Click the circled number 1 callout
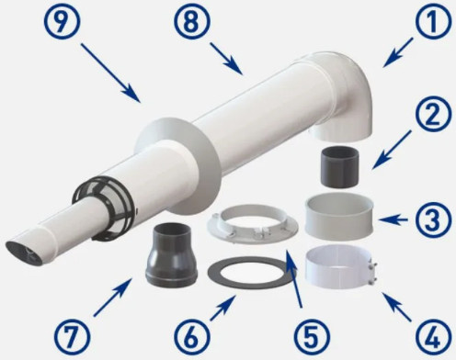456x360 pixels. tap(433, 22)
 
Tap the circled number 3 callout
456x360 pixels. tap(433, 219)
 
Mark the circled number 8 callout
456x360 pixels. tap(192, 22)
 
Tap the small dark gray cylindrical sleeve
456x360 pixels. tap(339, 167)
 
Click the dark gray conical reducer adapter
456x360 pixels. tap(171, 255)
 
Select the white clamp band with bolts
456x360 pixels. tap(341, 266)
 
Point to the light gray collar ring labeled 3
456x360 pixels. tap(339, 215)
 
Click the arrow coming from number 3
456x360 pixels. tap(393, 219)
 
